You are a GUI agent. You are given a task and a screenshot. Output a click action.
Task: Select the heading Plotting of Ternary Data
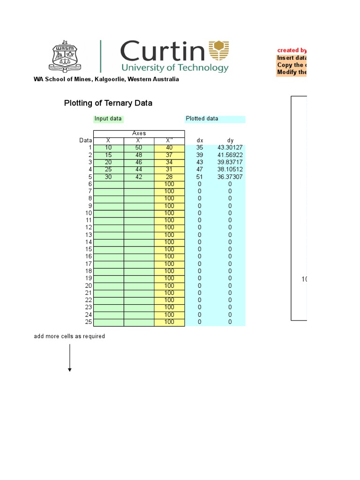[108, 103]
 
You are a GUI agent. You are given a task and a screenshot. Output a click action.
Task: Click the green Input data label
[108, 119]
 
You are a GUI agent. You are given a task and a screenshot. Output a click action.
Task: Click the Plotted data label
[202, 119]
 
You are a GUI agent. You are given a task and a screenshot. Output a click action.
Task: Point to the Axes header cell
[139, 134]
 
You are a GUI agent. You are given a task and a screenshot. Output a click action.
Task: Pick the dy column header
[230, 141]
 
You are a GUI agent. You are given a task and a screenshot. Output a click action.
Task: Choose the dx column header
[200, 141]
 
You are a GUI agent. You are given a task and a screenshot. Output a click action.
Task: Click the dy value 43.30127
[230, 148]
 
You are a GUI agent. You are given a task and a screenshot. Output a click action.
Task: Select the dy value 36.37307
[230, 177]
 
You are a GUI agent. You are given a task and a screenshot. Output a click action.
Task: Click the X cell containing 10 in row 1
[109, 148]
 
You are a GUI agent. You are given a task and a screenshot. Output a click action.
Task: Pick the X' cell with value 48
[139, 155]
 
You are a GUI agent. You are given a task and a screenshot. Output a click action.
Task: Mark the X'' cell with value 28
[169, 177]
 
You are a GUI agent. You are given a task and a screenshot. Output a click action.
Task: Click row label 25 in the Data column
[89, 322]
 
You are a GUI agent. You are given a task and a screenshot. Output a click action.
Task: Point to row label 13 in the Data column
[89, 235]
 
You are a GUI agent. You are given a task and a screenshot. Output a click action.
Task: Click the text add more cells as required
[69, 336]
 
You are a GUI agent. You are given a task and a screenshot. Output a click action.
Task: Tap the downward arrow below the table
[70, 358]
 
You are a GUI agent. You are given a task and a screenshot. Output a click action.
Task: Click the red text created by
[292, 50]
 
